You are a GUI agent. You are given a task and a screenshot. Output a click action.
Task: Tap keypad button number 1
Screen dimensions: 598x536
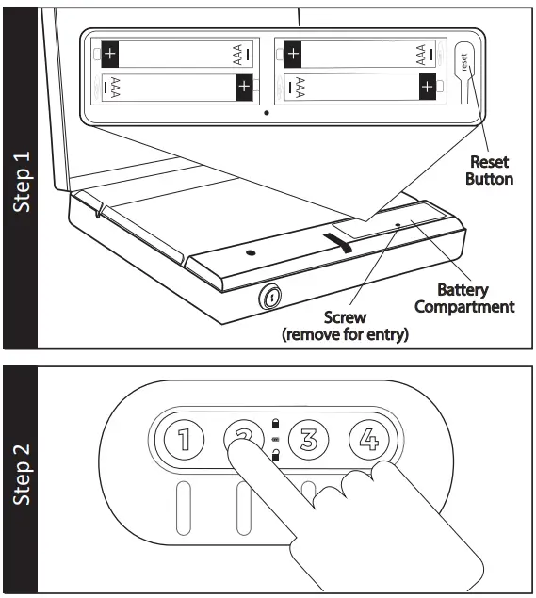(x=185, y=439)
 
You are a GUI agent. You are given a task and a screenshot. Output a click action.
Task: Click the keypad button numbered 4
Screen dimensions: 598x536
(x=368, y=439)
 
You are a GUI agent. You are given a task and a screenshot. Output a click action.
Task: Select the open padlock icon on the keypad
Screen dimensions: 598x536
(x=274, y=455)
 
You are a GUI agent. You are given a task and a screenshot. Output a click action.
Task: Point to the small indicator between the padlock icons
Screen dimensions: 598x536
(x=274, y=440)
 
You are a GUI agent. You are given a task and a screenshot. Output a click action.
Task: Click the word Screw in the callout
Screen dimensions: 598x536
(x=345, y=318)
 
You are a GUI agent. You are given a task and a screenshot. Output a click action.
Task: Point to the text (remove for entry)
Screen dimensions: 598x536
(x=345, y=335)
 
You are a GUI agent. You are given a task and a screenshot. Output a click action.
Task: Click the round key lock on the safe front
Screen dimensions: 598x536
(x=269, y=299)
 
